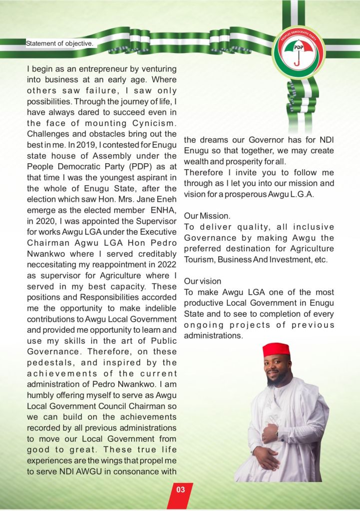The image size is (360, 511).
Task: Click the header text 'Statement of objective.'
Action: point(59,43)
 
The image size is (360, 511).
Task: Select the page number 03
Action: point(180,490)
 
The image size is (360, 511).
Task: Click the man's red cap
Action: point(276,350)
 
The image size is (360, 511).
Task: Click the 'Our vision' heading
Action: point(203,281)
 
